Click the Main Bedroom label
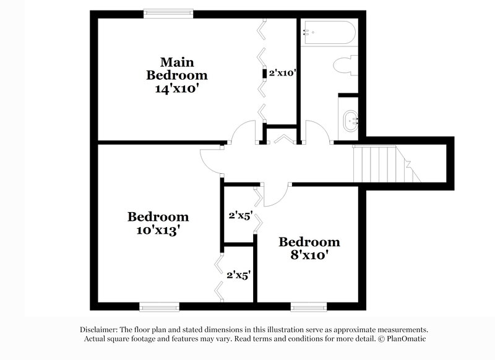coord(176,69)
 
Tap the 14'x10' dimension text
coord(176,88)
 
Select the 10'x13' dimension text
coord(158,231)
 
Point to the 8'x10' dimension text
coord(309,255)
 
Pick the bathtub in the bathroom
coord(328,32)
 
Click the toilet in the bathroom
coord(344,66)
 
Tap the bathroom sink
coord(351,117)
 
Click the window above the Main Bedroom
coord(168,12)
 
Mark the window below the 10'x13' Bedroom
coord(158,306)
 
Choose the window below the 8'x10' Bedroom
coord(309,306)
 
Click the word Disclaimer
coord(99,330)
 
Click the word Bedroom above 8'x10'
coord(309,242)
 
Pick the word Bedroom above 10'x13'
coord(158,217)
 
